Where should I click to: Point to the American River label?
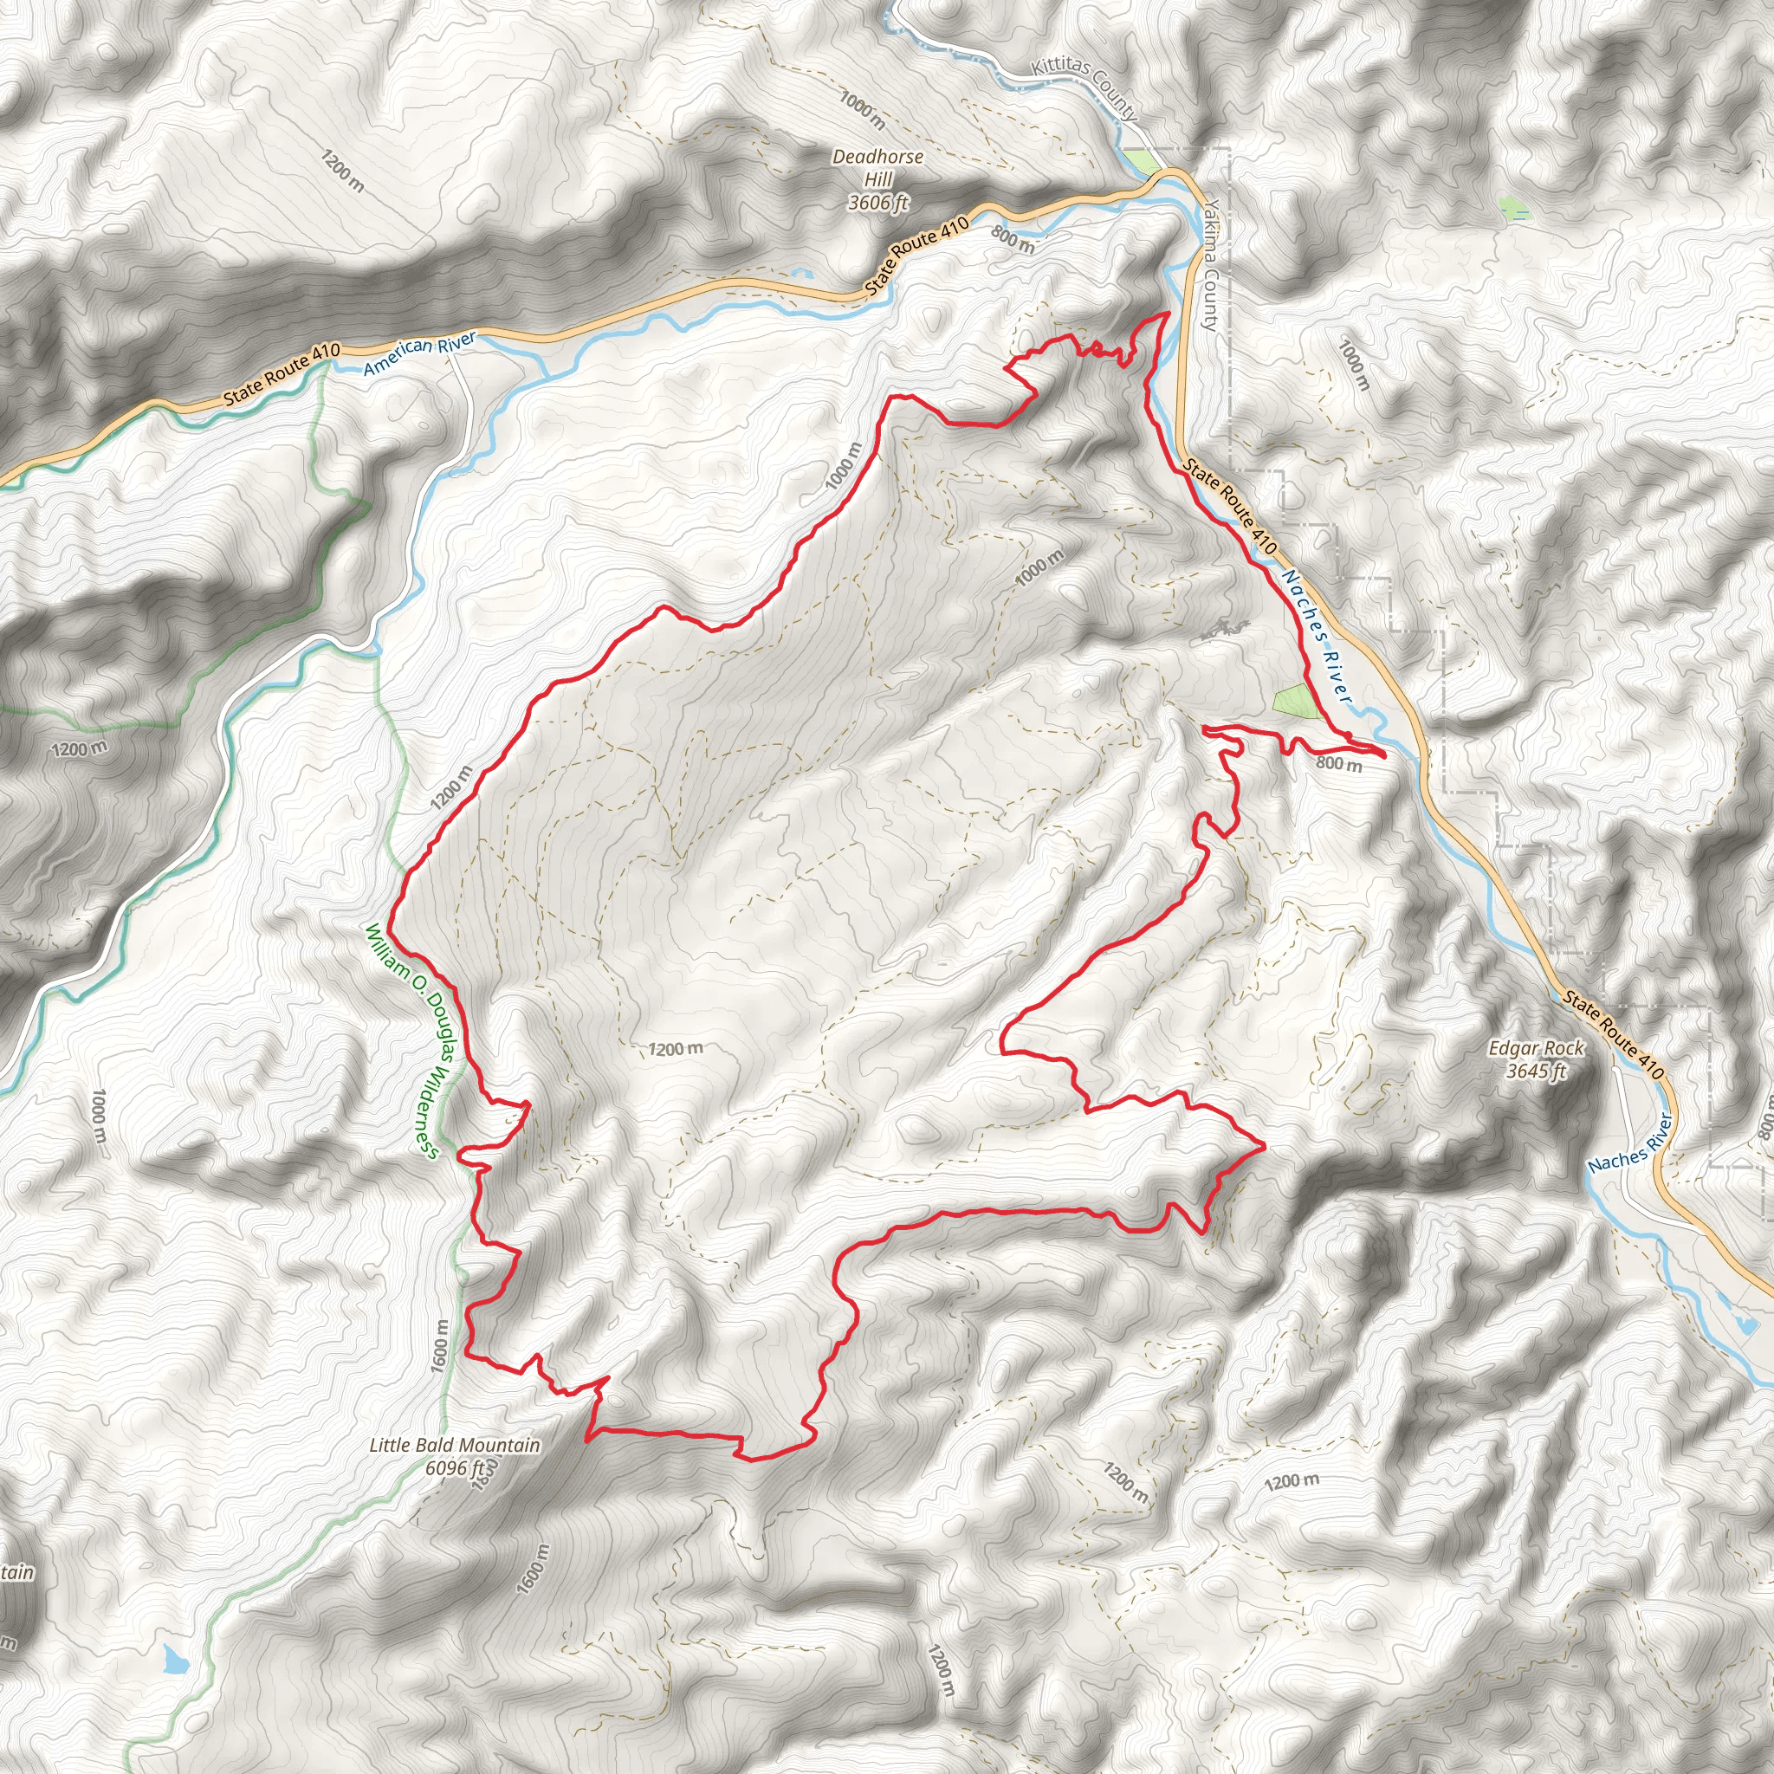click(x=419, y=354)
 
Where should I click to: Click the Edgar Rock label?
click(x=1536, y=1049)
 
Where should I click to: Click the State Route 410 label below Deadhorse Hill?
click(x=917, y=256)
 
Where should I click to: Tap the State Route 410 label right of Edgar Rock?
click(x=1613, y=1033)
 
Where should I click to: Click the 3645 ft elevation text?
click(x=1536, y=1071)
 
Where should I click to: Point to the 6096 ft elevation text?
click(x=455, y=1467)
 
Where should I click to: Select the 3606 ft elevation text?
click(x=877, y=202)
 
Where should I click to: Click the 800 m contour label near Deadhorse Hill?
click(x=1013, y=241)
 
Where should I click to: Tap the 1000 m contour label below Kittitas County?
click(x=862, y=110)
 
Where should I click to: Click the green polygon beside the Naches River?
click(x=1296, y=702)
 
